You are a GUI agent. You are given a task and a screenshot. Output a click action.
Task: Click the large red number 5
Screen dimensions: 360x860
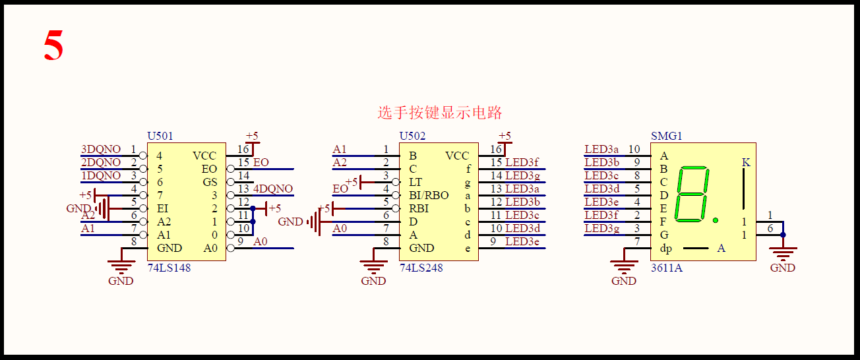(x=53, y=46)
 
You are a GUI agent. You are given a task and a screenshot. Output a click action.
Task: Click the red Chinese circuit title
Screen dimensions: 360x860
(x=439, y=113)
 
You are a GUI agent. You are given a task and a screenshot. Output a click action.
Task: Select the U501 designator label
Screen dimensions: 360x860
(x=160, y=136)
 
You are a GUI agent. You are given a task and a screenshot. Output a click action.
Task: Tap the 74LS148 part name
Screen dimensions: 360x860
(x=169, y=268)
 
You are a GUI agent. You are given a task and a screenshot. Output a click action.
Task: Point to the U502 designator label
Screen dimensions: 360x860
(x=412, y=136)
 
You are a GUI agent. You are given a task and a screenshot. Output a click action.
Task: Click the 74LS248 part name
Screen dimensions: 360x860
(x=421, y=268)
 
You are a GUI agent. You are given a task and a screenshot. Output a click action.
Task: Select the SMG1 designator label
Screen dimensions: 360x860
(x=666, y=136)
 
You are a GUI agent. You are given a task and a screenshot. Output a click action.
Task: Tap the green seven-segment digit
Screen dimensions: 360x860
(x=694, y=195)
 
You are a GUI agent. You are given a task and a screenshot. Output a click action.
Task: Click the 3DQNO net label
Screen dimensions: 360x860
(x=101, y=150)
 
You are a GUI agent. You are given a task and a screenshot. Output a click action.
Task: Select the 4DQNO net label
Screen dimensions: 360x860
(x=273, y=189)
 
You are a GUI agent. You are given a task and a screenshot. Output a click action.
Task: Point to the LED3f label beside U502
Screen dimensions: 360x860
(x=522, y=163)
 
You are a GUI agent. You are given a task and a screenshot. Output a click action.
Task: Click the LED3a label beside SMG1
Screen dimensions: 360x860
(x=602, y=150)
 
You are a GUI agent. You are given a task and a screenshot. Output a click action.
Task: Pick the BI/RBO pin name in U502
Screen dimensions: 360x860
(x=429, y=196)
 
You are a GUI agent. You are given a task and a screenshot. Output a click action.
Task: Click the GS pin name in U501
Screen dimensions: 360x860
(x=209, y=183)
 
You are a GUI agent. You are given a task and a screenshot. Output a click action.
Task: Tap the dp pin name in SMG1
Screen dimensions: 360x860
(x=665, y=249)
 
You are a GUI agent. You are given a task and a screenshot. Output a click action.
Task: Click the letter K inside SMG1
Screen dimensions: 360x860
(x=746, y=162)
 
